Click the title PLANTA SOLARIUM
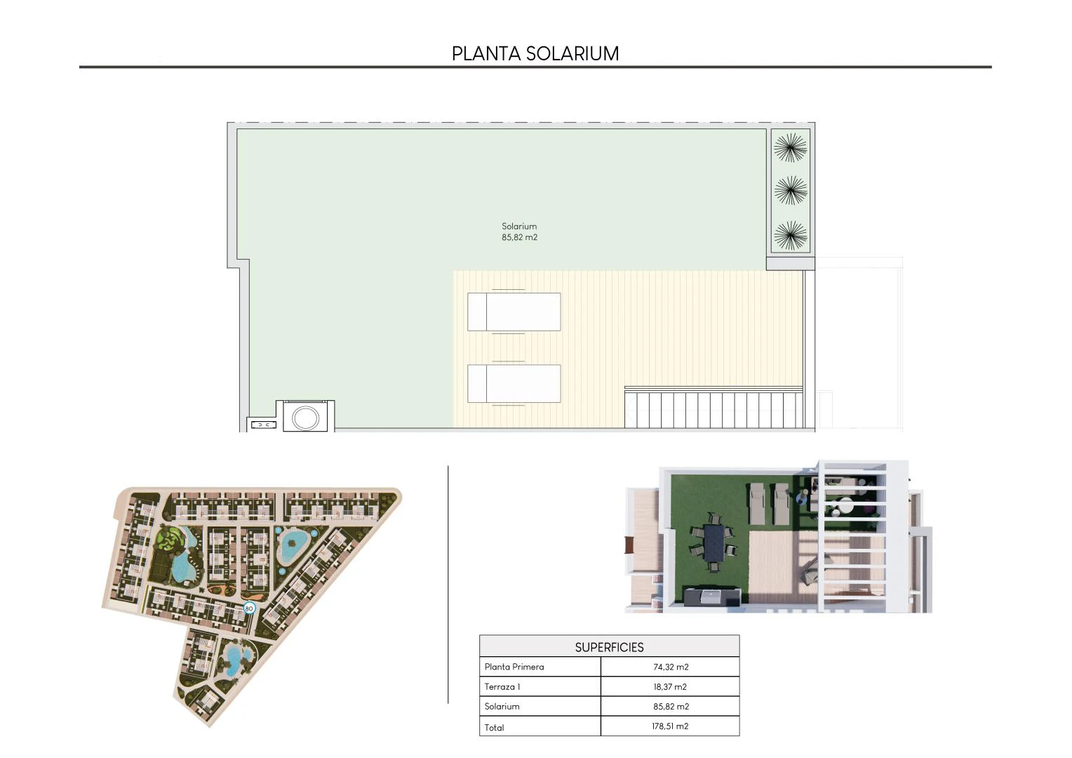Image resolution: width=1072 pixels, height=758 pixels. (535, 53)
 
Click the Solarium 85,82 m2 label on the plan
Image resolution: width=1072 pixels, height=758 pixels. (519, 232)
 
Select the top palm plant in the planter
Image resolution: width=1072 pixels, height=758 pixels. (790, 147)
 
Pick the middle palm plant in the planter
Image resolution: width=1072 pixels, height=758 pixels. (790, 191)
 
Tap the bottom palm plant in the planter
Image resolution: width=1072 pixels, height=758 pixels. (790, 235)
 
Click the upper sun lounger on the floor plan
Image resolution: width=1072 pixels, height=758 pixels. (514, 312)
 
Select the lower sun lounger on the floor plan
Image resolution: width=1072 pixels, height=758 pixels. (514, 383)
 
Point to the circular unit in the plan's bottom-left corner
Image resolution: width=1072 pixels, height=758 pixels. (305, 418)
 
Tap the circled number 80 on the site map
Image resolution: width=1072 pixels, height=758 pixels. (248, 609)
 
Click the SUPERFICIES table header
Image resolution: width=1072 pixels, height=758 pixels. (609, 647)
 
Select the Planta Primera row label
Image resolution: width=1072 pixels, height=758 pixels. (514, 667)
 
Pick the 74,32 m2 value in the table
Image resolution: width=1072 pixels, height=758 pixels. (671, 667)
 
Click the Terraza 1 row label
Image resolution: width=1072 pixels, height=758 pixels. (502, 686)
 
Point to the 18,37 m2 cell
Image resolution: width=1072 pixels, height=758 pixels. (670, 686)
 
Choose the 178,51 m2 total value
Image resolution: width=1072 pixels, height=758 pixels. (670, 726)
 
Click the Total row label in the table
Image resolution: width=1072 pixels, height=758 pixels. (494, 728)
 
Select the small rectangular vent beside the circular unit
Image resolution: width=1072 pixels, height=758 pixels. (264, 425)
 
